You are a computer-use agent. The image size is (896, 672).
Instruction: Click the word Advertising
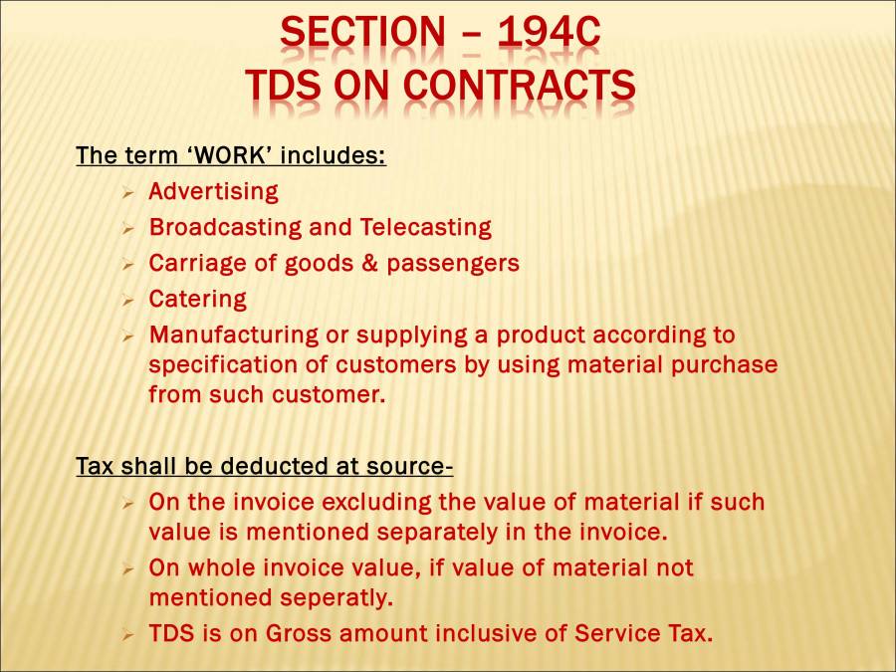coord(213,191)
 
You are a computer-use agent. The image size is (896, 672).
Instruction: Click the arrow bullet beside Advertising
coord(127,192)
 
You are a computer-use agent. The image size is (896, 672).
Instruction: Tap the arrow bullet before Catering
coord(127,300)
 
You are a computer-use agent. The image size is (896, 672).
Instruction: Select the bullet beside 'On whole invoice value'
coord(127,569)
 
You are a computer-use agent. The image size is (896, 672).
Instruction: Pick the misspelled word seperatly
coord(336,598)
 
